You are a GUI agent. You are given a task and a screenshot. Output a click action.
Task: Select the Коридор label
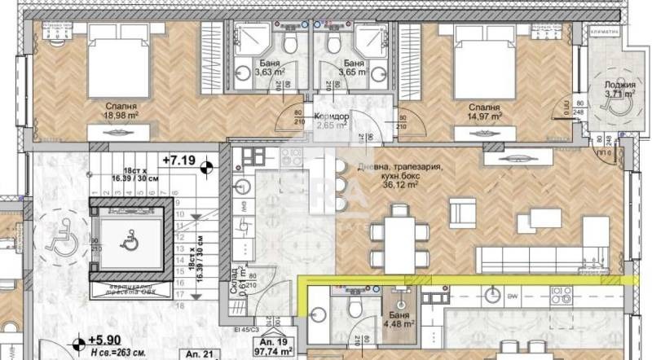click(332, 116)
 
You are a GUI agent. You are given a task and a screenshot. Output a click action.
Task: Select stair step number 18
click(177, 305)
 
